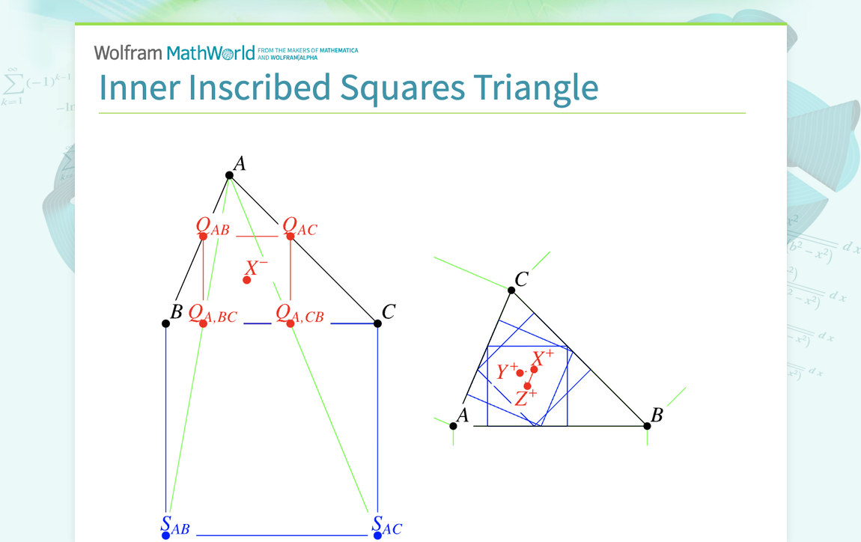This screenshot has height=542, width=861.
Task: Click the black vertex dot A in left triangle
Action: point(229,175)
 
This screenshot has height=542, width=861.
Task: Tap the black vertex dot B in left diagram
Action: point(165,323)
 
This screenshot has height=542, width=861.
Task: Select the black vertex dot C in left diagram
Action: point(378,323)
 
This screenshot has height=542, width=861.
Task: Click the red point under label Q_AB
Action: point(203,237)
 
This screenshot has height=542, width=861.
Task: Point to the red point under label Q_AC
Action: point(290,237)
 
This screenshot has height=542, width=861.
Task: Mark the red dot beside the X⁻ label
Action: point(247,280)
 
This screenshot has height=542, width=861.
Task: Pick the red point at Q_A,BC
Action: point(203,323)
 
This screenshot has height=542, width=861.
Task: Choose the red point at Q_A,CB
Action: point(290,323)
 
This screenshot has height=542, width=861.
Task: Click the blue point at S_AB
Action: point(165,535)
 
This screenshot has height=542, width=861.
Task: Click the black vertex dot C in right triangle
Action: point(511,290)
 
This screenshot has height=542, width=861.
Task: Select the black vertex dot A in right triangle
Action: point(453,426)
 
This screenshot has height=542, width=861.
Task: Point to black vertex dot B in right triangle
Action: point(648,426)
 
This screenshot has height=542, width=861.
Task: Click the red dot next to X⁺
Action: point(534,370)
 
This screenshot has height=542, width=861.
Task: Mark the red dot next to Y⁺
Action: point(520,374)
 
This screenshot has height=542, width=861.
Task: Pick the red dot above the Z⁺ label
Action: point(528,386)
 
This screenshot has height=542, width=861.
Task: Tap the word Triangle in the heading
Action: point(535,88)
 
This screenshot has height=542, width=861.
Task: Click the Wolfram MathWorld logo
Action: point(174,52)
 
